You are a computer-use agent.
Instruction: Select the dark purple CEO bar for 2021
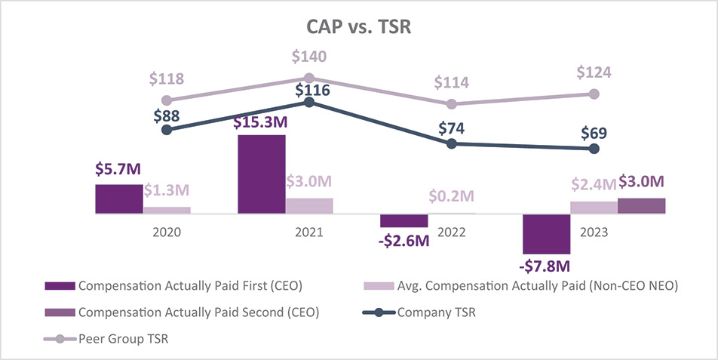tap(262, 174)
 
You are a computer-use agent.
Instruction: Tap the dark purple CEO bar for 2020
tap(119, 199)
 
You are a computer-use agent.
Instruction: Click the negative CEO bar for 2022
tap(404, 220)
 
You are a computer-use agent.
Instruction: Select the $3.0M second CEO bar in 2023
tap(641, 206)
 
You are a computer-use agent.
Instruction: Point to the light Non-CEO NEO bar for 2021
tap(309, 206)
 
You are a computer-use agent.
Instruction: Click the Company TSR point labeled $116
tap(309, 102)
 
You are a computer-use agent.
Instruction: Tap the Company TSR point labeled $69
tap(594, 149)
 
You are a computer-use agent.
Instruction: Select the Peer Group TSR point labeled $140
tap(309, 78)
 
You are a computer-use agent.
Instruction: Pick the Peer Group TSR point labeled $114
tap(452, 103)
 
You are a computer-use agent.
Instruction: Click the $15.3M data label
tap(262, 122)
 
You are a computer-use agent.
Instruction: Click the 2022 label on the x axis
tap(452, 233)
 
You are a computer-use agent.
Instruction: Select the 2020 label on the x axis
tap(167, 233)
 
